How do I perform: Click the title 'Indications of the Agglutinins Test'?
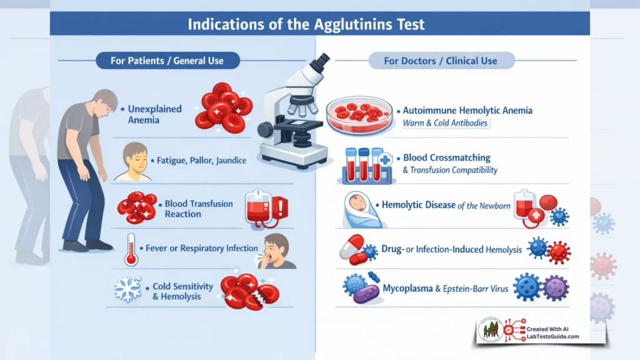(319, 25)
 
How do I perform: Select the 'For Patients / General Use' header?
(167, 61)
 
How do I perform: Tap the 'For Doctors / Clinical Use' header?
(441, 61)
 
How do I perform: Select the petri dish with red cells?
(360, 114)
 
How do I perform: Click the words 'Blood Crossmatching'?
(446, 158)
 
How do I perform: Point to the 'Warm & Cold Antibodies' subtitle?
(445, 123)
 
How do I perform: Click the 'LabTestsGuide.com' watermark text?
(552, 337)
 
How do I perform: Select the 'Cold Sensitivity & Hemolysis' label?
(182, 291)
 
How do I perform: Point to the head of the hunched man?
(103, 101)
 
